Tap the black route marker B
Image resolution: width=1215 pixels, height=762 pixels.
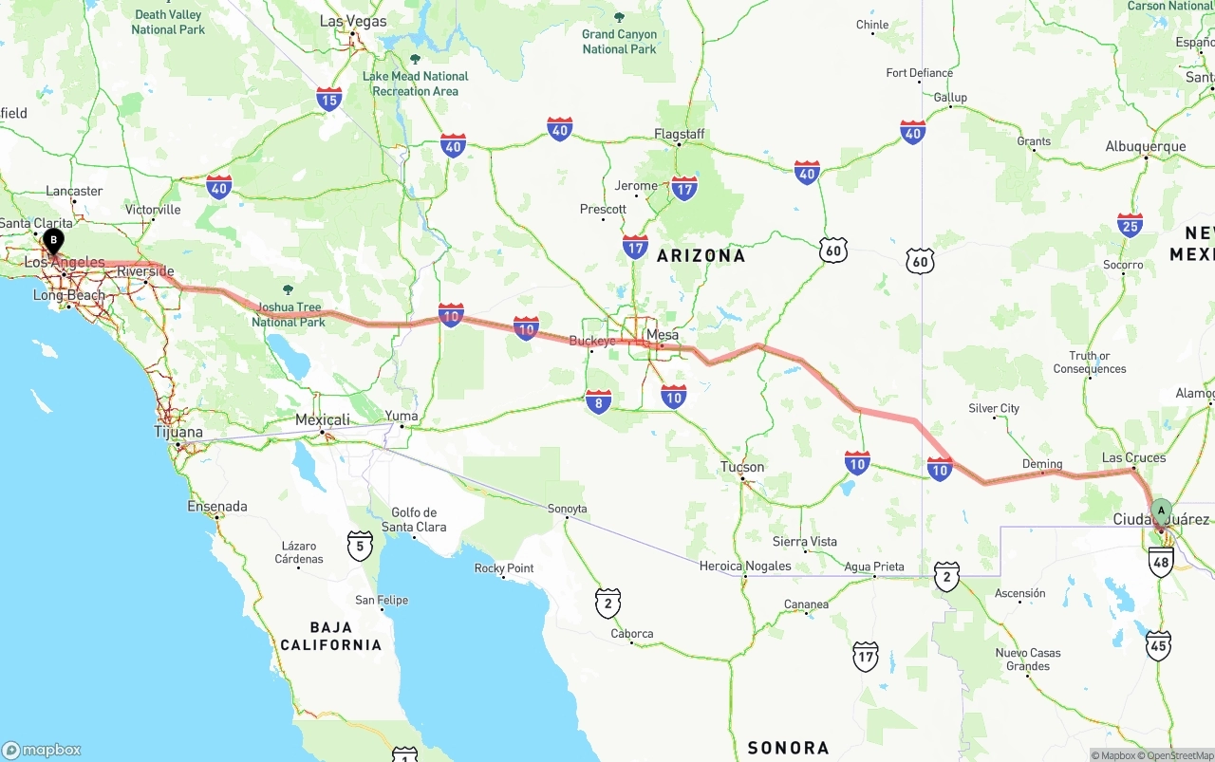pos(53,240)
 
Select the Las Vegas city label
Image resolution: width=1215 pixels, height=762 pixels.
pos(353,21)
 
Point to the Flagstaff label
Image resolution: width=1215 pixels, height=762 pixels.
pos(680,135)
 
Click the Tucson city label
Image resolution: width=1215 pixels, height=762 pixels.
pos(742,467)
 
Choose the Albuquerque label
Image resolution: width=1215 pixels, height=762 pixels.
pos(1146,147)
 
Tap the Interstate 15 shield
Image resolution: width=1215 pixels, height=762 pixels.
pos(329,99)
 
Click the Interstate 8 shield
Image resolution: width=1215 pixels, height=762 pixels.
pos(599,402)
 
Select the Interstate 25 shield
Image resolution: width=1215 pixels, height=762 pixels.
pos(1130,225)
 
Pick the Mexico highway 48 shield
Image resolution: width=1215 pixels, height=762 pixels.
pos(1160,562)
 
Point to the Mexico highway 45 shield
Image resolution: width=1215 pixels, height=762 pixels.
pos(1158,645)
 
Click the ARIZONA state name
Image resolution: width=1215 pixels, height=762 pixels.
pos(701,255)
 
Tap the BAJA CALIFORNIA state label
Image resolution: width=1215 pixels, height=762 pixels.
pos(330,636)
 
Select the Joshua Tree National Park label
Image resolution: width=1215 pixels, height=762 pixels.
pos(289,314)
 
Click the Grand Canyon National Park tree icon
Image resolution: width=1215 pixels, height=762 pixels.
pos(620,17)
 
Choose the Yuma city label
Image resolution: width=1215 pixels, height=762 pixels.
pos(401,416)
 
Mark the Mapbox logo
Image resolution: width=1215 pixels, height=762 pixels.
pos(42,750)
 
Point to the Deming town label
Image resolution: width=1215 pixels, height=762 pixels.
pos(1041,464)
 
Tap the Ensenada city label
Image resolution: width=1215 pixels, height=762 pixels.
pos(217,507)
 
